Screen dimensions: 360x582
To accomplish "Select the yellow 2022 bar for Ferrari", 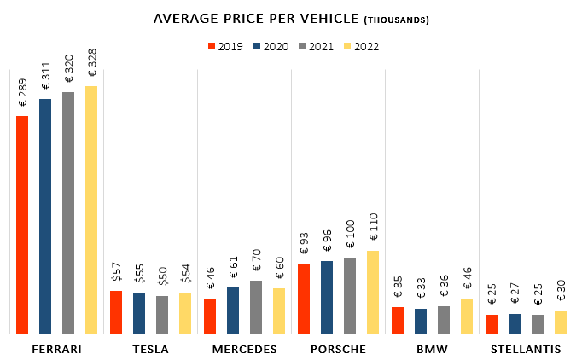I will click(91, 210).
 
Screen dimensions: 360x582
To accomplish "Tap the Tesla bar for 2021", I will click(162, 315).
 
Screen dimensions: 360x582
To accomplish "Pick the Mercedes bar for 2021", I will click(256, 307).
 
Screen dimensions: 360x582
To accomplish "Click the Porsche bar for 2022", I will click(373, 292).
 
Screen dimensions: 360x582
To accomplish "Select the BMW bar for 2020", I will click(421, 321).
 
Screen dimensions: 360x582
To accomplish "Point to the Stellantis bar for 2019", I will click(492, 324).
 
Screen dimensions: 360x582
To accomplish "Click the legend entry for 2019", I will click(225, 46).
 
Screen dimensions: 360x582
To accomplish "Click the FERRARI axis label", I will click(56, 350).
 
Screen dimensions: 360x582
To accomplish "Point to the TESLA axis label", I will click(151, 350).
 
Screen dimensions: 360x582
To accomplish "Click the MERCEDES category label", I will click(244, 350).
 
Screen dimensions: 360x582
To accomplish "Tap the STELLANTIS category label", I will click(526, 350).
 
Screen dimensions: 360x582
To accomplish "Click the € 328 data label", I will click(91, 69).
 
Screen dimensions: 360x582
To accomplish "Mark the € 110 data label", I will click(373, 230).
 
